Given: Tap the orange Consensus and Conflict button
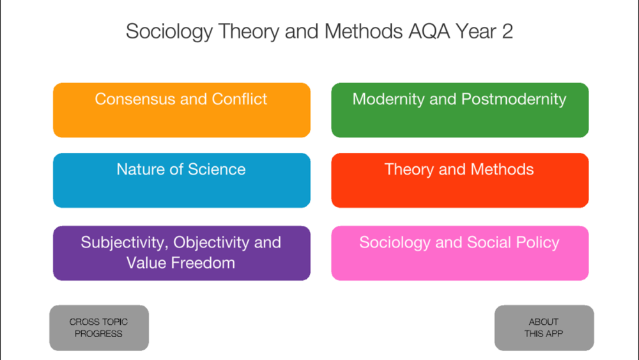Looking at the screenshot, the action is pyautogui.click(x=181, y=110).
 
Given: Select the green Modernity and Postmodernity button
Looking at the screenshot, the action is pyautogui.click(x=459, y=110).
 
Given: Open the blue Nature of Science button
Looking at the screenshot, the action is pyautogui.click(x=181, y=180).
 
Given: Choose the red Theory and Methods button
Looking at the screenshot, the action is pyautogui.click(x=459, y=180).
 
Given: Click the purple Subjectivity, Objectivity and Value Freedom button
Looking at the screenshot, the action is pyautogui.click(x=181, y=253).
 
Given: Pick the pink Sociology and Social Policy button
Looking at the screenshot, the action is pyautogui.click(x=459, y=253).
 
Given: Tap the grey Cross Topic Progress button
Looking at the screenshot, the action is pyautogui.click(x=99, y=328).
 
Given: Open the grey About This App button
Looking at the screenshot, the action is pyautogui.click(x=544, y=328).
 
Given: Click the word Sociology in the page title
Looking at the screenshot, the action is pyautogui.click(x=169, y=32).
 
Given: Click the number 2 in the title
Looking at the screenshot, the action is pyautogui.click(x=507, y=31).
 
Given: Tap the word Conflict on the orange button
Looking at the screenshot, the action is pyautogui.click(x=239, y=99).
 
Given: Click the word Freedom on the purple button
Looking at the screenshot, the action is pyautogui.click(x=203, y=263).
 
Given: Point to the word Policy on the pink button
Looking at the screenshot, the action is pyautogui.click(x=537, y=243).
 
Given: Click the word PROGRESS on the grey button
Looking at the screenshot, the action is pyautogui.click(x=98, y=334).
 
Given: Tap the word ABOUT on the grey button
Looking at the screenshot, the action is pyautogui.click(x=544, y=322).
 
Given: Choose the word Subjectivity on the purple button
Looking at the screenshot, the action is pyautogui.click(x=125, y=243).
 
